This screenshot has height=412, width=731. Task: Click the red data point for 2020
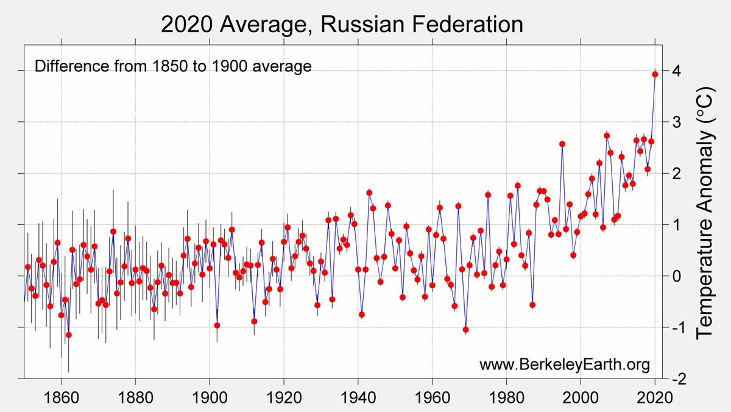[x=655, y=74]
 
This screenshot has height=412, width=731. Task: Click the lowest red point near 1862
[x=69, y=335]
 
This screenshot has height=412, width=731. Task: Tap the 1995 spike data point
[x=562, y=144]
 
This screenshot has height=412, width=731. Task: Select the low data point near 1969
[x=465, y=330]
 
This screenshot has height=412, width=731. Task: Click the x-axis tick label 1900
[x=210, y=396]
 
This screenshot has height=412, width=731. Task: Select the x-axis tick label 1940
[x=358, y=396]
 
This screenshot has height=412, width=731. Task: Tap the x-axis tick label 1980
[x=507, y=396]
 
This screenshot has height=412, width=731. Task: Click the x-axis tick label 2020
[x=655, y=396]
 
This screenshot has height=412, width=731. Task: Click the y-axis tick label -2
[x=675, y=379]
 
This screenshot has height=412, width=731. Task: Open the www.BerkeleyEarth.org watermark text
[x=565, y=364]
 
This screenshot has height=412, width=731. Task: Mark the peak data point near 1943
[x=369, y=193]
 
